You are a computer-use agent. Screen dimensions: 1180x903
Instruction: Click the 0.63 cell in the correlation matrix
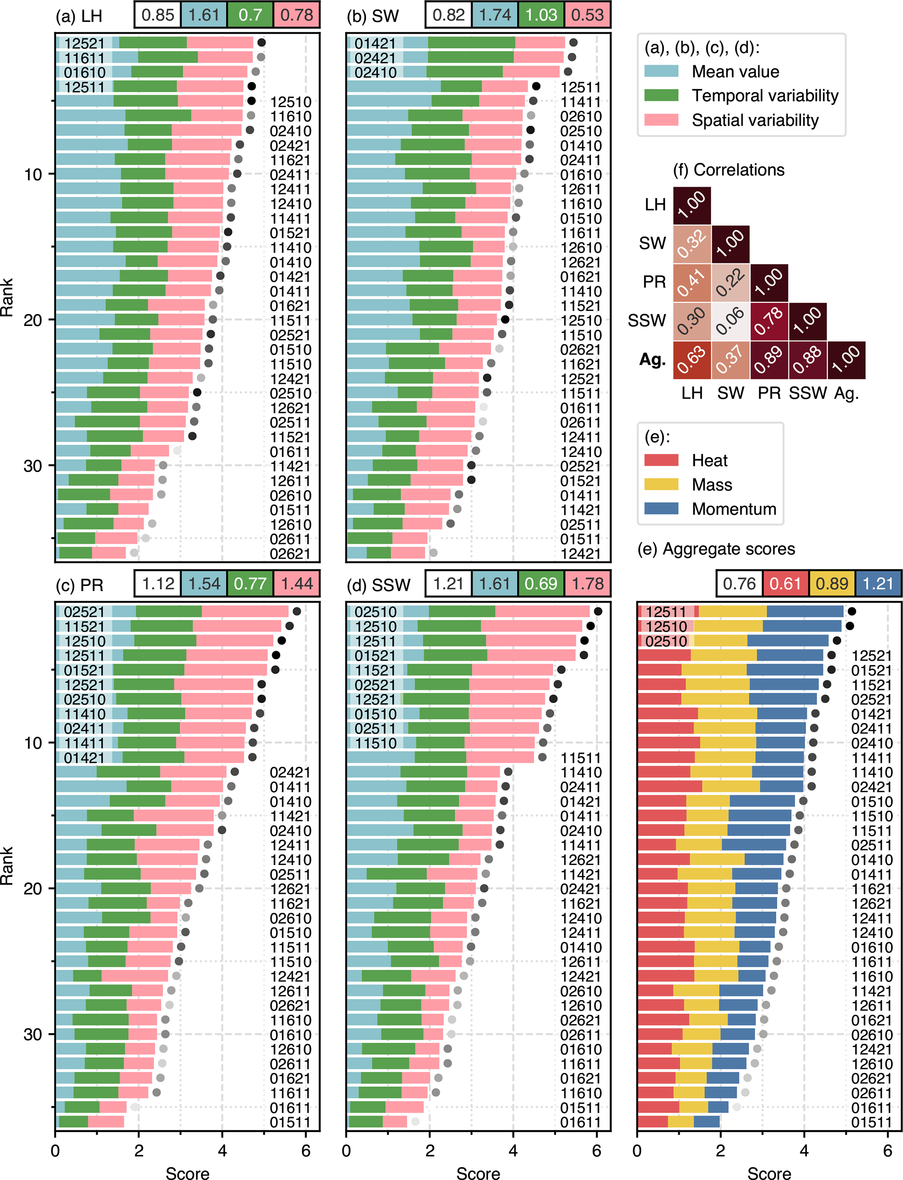pyautogui.click(x=692, y=360)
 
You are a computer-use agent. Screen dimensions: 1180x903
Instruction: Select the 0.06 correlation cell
pyautogui.click(x=730, y=322)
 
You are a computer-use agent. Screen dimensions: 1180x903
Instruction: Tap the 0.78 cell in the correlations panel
pyautogui.click(x=769, y=322)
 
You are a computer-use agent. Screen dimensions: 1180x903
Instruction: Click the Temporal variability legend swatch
pyautogui.click(x=661, y=96)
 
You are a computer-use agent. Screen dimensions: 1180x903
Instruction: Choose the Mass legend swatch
pyautogui.click(x=661, y=484)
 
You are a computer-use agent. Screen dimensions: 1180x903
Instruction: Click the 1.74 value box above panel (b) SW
pyautogui.click(x=495, y=14)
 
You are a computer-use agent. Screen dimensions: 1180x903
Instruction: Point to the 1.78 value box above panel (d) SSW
pyautogui.click(x=588, y=583)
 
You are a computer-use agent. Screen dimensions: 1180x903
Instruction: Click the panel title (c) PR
pyautogui.click(x=80, y=585)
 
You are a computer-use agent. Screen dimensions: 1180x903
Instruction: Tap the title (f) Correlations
pyautogui.click(x=728, y=170)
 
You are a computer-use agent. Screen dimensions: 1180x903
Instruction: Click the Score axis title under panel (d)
pyautogui.click(x=478, y=1173)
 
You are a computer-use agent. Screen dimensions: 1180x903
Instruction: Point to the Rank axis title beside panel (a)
pyautogui.click(x=7, y=297)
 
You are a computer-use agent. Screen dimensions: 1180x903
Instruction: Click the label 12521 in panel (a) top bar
pyautogui.click(x=84, y=43)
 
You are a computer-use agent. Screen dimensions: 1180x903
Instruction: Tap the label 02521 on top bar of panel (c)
pyautogui.click(x=84, y=612)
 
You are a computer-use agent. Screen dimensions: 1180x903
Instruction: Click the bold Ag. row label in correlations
pyautogui.click(x=653, y=360)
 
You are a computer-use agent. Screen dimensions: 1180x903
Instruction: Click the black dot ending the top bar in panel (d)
pyautogui.click(x=598, y=611)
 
